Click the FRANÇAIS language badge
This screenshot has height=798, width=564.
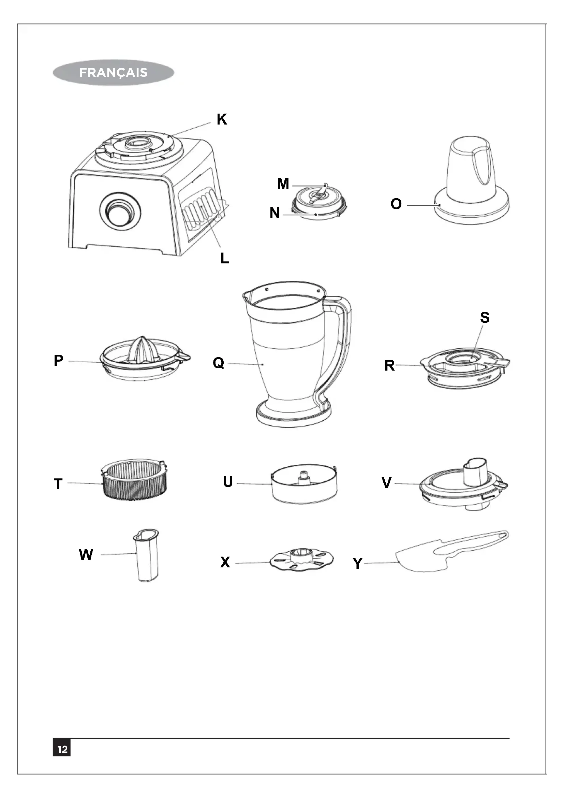pyautogui.click(x=113, y=73)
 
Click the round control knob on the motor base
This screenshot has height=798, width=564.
pyautogui.click(x=120, y=210)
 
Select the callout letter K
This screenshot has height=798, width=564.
pyautogui.click(x=222, y=119)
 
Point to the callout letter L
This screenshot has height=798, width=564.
pyautogui.click(x=225, y=258)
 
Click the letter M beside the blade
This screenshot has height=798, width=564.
pyautogui.click(x=283, y=184)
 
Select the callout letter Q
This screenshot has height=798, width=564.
pyautogui.click(x=219, y=363)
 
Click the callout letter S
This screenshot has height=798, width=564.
pyautogui.click(x=485, y=318)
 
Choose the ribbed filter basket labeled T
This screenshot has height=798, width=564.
pyautogui.click(x=134, y=482)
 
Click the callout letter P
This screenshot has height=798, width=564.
pyautogui.click(x=58, y=360)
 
